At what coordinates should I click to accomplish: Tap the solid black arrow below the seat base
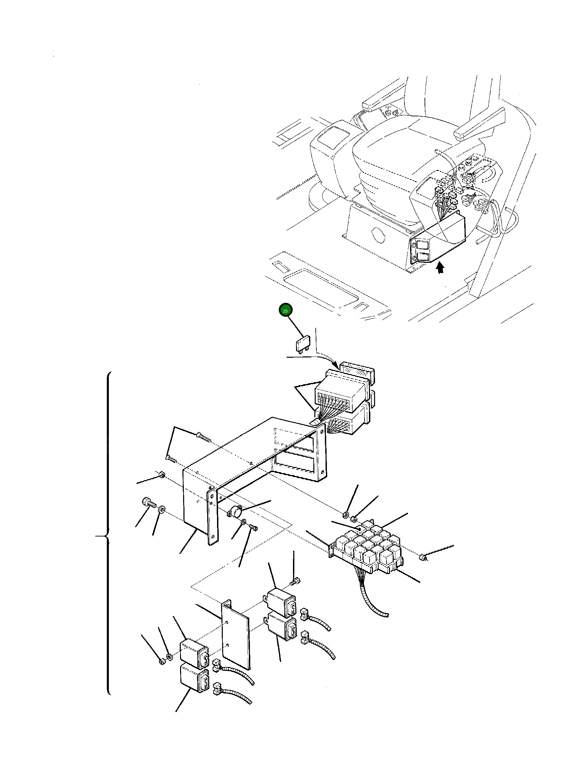click(x=441, y=268)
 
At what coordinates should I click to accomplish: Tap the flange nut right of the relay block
click(x=423, y=556)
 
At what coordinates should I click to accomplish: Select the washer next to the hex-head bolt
click(x=161, y=509)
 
